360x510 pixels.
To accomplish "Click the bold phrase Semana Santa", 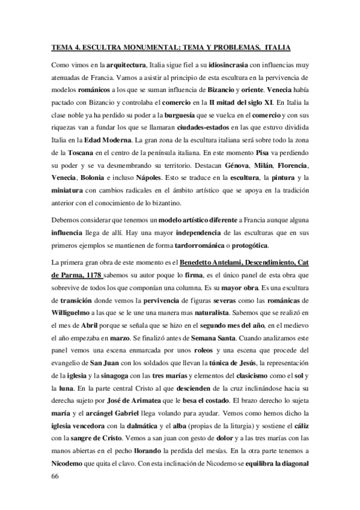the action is pos(216,340).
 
